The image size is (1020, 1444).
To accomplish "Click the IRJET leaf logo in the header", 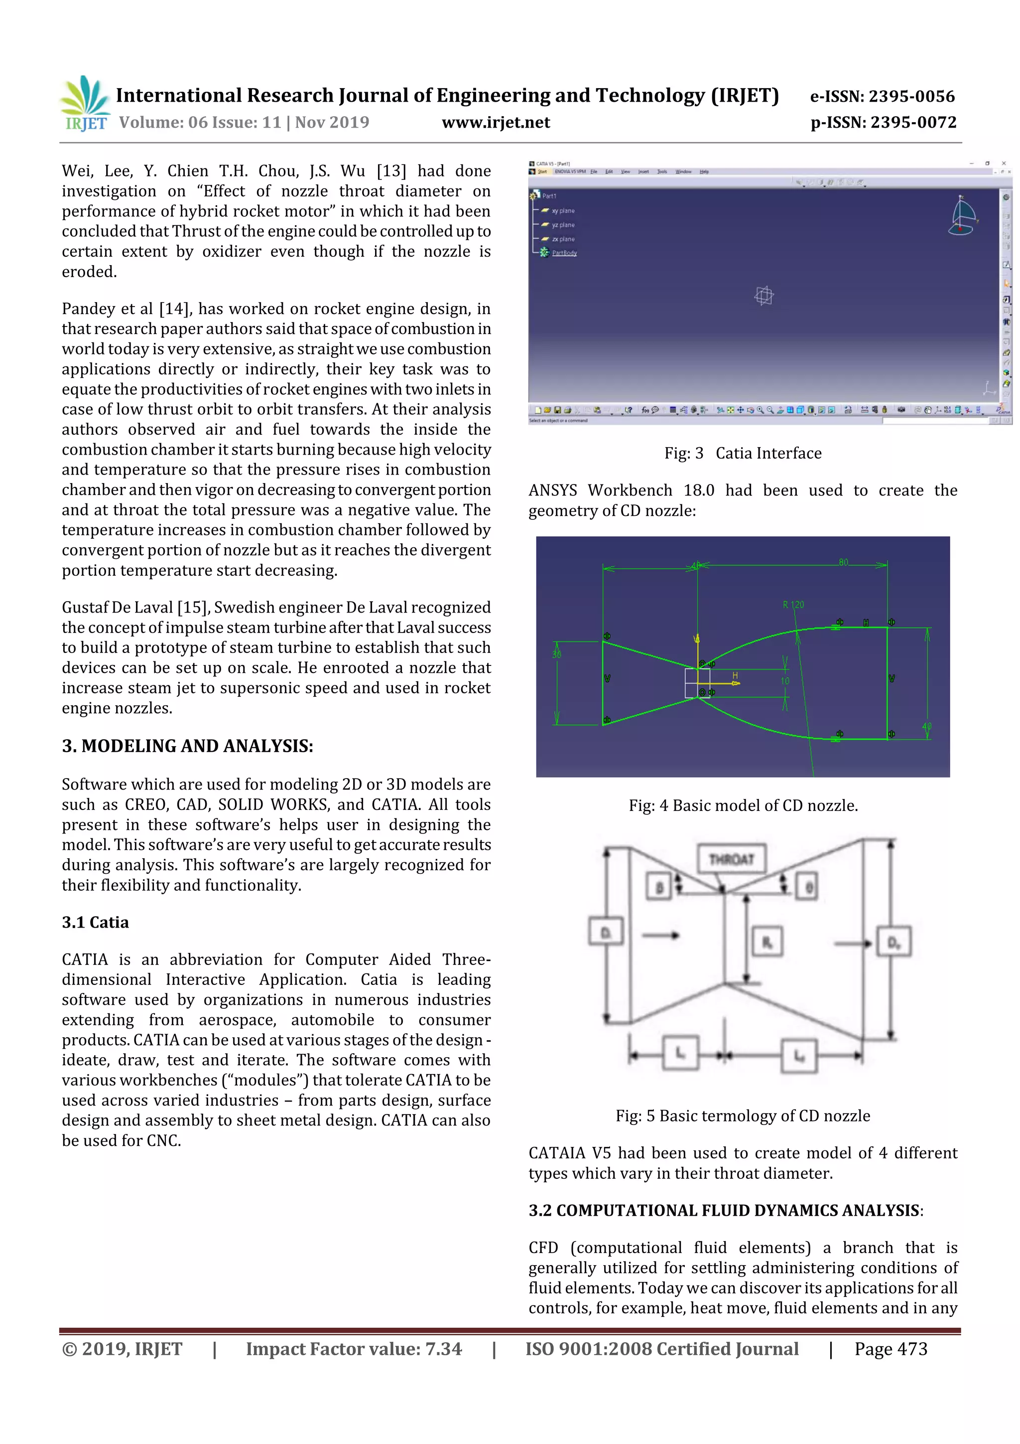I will [x=85, y=103].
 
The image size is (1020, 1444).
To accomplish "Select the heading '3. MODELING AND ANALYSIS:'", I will [x=187, y=746].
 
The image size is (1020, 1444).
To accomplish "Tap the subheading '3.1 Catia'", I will [x=95, y=922].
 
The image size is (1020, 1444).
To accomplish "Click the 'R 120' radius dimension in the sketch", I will [x=792, y=605].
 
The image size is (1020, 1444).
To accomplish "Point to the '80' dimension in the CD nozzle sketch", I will [x=843, y=562].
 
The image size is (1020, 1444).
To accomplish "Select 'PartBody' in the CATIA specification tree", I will [x=564, y=253].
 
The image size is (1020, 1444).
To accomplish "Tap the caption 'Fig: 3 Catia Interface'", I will [x=742, y=454].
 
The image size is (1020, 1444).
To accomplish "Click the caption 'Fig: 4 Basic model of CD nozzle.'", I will [x=743, y=805].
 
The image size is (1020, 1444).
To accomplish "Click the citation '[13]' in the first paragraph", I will [x=391, y=171].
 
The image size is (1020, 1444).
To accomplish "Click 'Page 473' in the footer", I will [x=890, y=1349].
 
